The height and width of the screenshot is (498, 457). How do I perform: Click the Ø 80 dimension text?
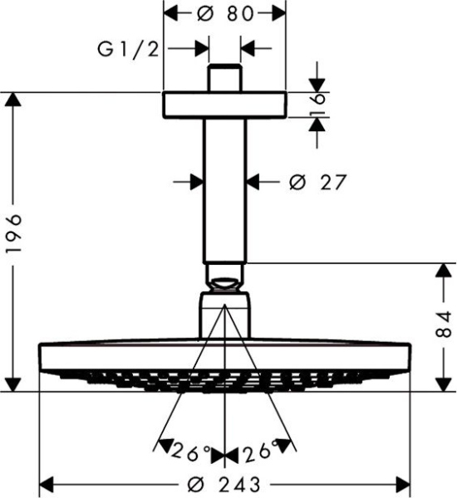pos(224,14)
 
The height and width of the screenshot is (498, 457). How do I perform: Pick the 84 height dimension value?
pos(443,328)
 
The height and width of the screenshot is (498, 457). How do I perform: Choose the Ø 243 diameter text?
pos(224,483)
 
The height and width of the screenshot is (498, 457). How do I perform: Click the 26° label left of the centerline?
pos(189,453)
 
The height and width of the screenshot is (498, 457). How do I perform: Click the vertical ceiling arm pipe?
pos(224,187)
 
